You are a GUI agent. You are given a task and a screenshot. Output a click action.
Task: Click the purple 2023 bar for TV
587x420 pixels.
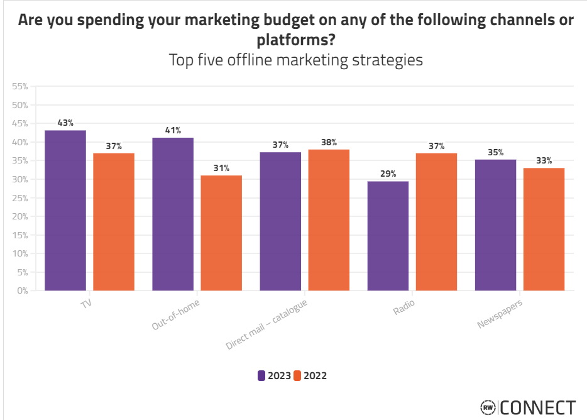coord(65,210)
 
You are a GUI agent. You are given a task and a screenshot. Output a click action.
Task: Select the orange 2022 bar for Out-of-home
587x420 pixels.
coord(221,233)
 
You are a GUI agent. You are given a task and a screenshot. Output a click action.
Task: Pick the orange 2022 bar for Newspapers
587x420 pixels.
coord(544,229)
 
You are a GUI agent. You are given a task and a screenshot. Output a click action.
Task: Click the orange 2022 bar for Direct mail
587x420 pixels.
coord(329,219)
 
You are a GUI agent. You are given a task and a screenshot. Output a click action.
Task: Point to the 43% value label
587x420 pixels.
coord(65,123)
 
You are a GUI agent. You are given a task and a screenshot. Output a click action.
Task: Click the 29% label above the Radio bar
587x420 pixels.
coord(388,174)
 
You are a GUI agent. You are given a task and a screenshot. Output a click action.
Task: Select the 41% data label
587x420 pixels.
coord(173,131)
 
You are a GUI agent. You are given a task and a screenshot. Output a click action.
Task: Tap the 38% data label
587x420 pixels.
coord(329,142)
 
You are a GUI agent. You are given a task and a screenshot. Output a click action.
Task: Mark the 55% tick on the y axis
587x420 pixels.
coord(20,86)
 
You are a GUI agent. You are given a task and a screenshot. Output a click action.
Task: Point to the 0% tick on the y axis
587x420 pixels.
coord(23,290)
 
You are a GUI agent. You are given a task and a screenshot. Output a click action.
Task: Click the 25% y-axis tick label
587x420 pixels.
coord(20,198)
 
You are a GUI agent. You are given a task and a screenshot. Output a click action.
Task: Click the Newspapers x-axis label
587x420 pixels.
coord(500,314)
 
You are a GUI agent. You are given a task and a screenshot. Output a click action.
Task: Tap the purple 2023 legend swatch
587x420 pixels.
coord(261,376)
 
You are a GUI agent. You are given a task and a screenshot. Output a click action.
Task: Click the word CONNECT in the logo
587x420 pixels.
coord(537,407)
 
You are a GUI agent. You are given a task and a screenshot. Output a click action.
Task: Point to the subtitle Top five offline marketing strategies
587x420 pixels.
coord(295,60)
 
